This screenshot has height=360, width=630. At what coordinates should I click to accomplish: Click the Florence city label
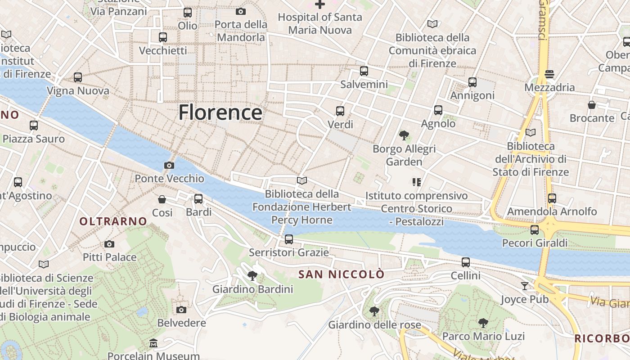coord(220,112)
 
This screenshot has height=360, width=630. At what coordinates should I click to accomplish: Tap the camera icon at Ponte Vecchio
coord(169,165)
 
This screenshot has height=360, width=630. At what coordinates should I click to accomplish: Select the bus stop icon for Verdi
coord(340,111)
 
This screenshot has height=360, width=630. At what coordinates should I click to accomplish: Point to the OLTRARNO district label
coord(113,221)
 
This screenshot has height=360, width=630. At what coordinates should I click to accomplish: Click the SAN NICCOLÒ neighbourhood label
coord(342,274)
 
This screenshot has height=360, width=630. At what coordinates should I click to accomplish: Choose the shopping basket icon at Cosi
coord(162,199)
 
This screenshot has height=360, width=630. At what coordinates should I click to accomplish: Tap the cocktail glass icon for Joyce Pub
coord(525,286)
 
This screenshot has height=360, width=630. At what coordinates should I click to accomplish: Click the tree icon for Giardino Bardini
coord(252,276)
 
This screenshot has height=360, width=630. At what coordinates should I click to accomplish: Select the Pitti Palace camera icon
coord(109,244)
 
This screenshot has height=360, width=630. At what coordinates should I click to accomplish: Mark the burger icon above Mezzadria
coord(549,74)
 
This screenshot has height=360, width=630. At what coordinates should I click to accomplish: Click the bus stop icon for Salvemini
coord(364,71)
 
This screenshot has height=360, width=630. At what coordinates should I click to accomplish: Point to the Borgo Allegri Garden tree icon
coord(404,135)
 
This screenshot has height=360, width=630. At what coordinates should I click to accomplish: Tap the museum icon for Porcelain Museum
coord(153,343)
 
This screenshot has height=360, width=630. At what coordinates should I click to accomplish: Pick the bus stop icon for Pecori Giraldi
coord(535,230)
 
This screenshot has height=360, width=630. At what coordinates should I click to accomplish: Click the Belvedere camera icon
coord(181,310)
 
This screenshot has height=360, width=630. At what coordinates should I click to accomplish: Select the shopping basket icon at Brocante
coord(592,105)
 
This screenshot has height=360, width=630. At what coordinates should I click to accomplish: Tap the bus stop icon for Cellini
coord(466,262)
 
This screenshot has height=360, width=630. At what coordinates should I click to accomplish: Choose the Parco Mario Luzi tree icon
coord(483,323)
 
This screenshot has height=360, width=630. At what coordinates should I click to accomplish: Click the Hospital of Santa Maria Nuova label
coord(320,23)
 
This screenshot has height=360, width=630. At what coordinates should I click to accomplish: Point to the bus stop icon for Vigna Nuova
coord(78,77)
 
